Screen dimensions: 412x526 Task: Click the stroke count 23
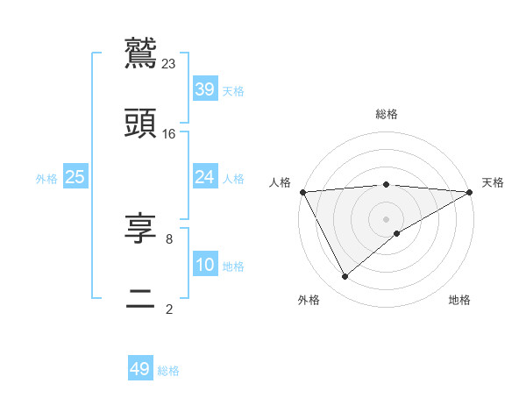169,63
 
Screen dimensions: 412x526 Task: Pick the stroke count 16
169,133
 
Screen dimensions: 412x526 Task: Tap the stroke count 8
169,238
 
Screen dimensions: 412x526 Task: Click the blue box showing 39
204,89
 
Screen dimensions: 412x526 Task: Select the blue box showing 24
204,177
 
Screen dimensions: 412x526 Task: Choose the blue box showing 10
204,265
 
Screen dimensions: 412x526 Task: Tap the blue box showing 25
75,177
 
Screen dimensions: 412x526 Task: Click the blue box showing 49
140,369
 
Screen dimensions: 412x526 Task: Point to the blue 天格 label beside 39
233,90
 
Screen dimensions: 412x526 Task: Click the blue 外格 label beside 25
46,178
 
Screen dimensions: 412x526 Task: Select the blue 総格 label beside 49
169,371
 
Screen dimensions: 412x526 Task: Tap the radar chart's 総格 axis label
387,114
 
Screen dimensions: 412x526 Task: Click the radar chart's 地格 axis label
459,300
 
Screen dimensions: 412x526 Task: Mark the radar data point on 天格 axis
470,192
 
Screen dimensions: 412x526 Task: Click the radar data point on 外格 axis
345,277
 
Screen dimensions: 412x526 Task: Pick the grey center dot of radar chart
387,218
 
